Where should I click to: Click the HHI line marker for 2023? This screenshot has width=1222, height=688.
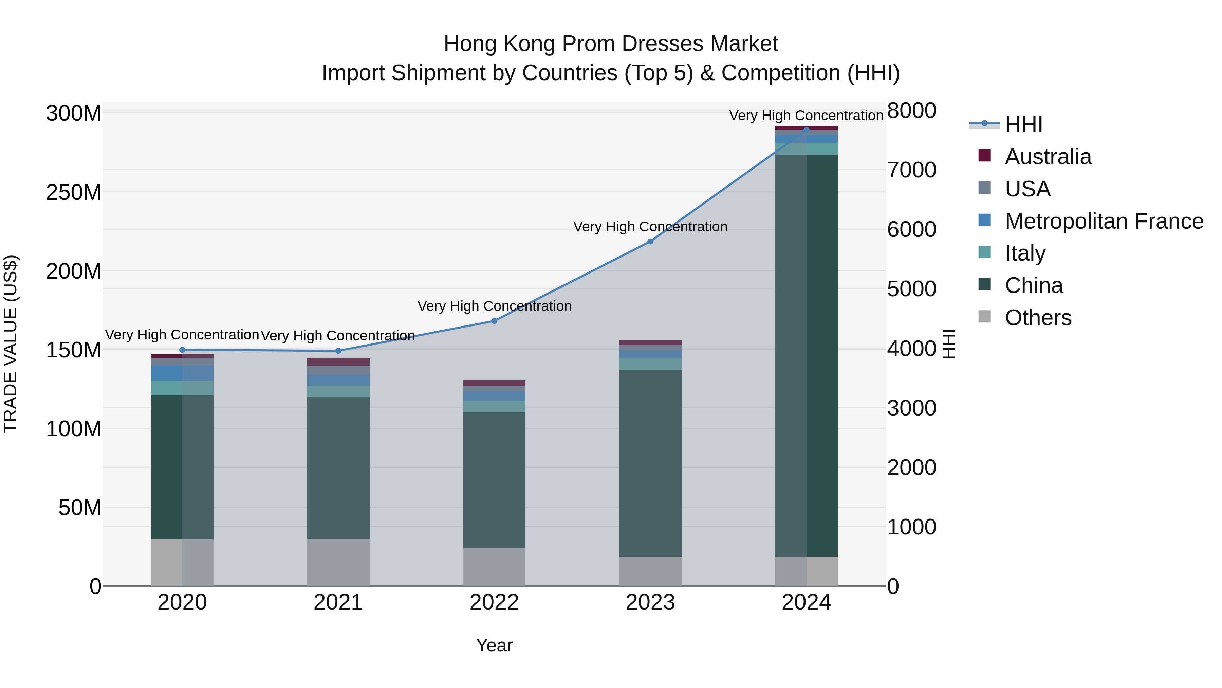point(650,242)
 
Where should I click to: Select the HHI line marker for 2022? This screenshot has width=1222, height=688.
point(494,321)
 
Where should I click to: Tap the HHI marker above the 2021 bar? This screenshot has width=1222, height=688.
point(338,351)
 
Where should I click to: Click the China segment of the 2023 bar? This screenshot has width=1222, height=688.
point(650,463)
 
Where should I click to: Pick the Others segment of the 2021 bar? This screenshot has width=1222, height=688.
point(338,562)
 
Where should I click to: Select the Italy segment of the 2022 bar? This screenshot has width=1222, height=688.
point(494,406)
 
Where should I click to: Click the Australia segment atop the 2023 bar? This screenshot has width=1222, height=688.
point(650,343)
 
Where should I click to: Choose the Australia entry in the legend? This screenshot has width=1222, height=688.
point(1048,157)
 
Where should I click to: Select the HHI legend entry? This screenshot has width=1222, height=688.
point(1023,124)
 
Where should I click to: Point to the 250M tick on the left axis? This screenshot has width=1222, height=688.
point(74,193)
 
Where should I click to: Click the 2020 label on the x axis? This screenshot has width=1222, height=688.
point(182,602)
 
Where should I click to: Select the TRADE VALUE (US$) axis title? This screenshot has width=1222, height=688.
point(11,344)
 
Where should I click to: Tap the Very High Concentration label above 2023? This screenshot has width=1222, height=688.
point(650,227)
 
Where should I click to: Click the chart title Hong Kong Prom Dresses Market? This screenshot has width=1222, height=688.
point(611,44)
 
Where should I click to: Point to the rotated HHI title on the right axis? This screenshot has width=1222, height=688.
point(949,344)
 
